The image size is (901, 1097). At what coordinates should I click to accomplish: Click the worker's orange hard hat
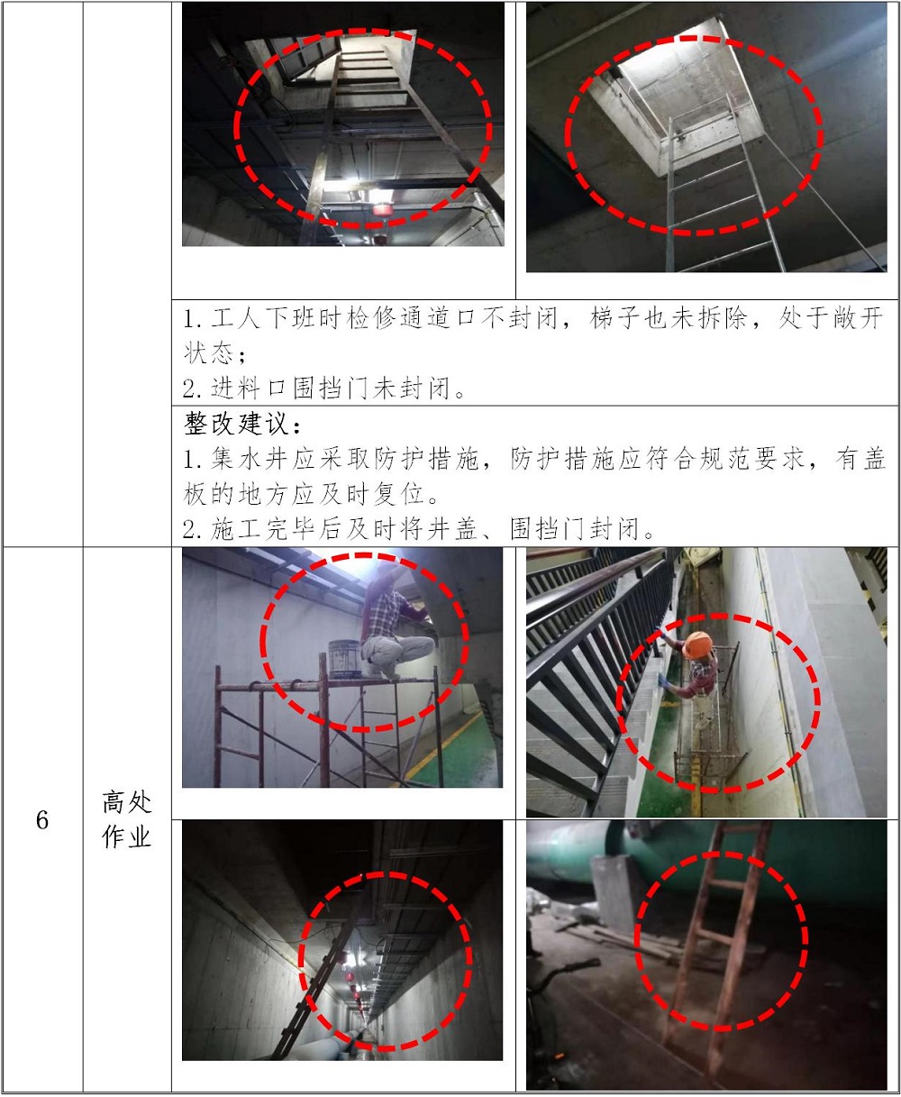coord(697,645)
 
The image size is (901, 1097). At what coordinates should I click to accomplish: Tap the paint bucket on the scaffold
coord(343,659)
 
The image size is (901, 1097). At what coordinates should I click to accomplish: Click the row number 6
coord(42,820)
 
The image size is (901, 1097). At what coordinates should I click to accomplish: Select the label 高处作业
coord(127,819)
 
